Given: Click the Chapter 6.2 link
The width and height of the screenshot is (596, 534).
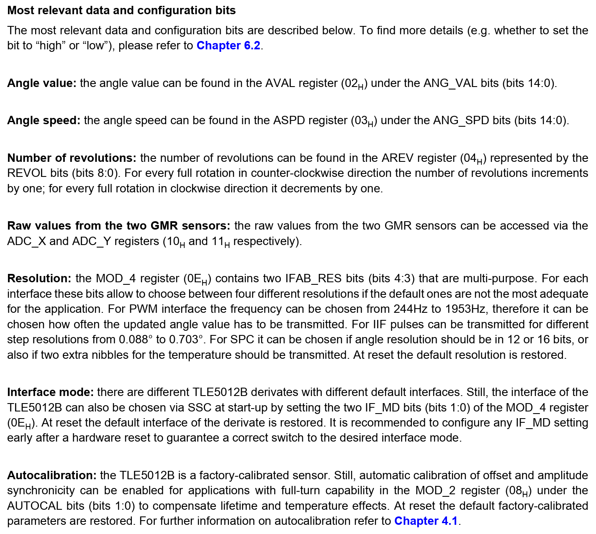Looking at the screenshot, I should coord(229,46).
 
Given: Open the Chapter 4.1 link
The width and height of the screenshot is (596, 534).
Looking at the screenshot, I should coord(426,521).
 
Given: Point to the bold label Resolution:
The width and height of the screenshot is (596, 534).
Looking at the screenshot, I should coord(39,278).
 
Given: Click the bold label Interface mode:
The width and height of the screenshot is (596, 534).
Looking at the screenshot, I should coord(50,392).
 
